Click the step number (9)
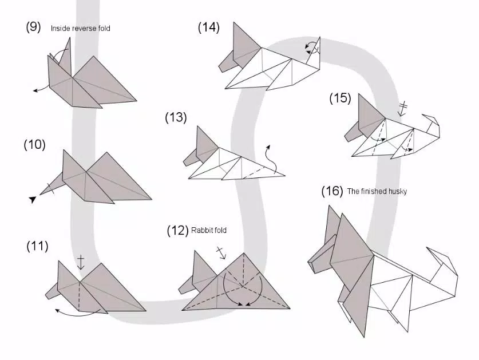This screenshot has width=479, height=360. pos(33,27)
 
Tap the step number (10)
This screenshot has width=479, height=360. pos(34,145)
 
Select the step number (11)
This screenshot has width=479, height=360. pos(37,247)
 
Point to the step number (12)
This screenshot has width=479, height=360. pos(177,231)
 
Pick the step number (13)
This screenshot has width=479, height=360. pos(176,117)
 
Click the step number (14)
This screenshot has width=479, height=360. pos(209,27)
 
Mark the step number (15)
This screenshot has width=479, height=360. pos(340,98)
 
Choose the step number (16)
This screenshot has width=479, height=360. pos(332,191)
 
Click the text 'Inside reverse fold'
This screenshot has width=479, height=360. pos(81,28)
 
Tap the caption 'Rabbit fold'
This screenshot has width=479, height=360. pos(209,231)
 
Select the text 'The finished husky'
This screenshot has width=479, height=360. pos(377,192)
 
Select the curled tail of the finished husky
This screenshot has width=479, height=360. pos(444,269)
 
